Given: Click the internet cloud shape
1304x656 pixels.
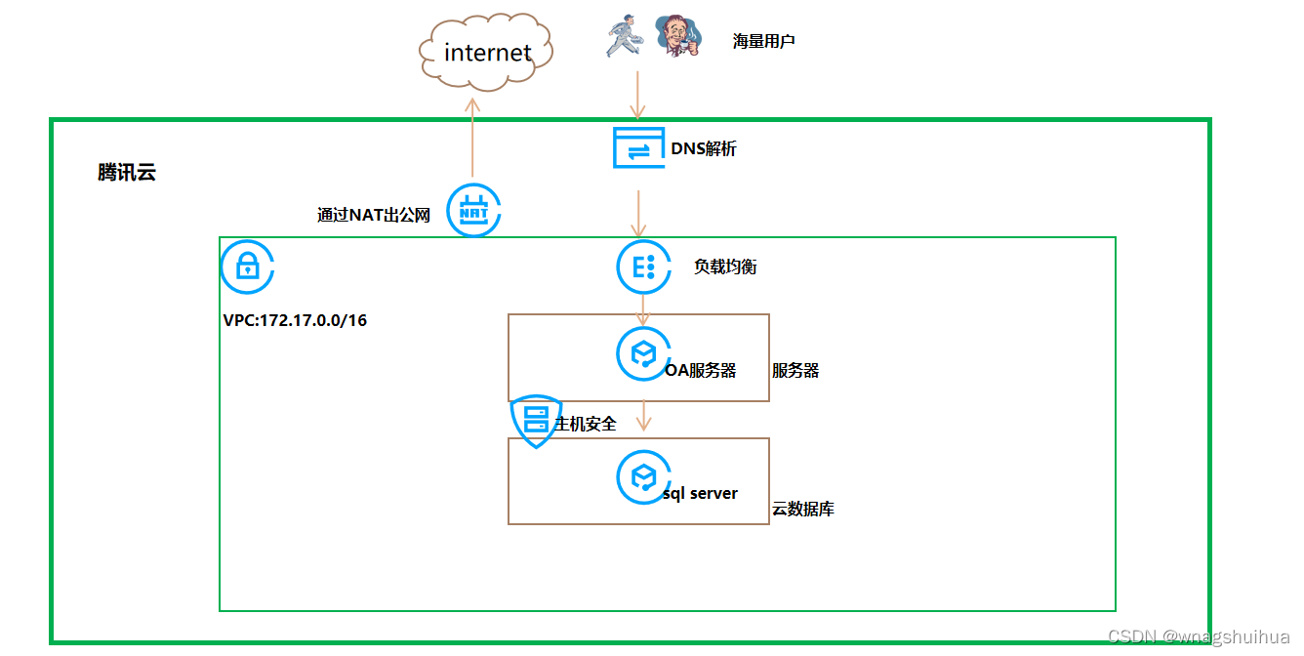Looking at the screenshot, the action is click(486, 52).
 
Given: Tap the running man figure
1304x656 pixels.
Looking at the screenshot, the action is click(625, 36).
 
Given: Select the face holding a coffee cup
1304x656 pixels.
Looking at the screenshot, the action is click(678, 35).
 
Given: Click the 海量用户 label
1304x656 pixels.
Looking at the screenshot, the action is click(763, 41).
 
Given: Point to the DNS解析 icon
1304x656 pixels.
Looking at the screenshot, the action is click(638, 147).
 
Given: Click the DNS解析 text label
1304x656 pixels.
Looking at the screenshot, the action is click(703, 148).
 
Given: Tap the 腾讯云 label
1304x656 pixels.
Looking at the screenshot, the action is click(126, 172).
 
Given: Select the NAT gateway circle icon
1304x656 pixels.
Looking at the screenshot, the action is click(473, 210).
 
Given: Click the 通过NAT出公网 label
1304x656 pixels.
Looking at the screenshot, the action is click(373, 215).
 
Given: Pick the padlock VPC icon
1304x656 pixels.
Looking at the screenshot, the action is click(247, 266).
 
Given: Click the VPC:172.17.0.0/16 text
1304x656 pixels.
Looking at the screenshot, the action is click(295, 320).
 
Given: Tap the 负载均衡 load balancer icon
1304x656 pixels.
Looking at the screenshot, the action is click(643, 267).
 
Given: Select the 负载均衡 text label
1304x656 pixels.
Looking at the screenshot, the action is click(725, 267).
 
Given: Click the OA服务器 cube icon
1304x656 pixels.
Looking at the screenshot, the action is click(643, 354).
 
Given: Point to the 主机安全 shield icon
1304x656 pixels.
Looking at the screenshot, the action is click(536, 422).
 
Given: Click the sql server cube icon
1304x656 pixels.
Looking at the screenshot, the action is click(643, 477).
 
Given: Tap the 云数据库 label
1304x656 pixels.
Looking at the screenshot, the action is click(802, 510).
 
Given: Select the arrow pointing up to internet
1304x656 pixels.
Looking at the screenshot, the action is click(472, 138).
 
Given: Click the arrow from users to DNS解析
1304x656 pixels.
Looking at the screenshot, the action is click(638, 95).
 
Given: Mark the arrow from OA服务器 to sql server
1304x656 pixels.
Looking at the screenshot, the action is click(643, 415).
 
